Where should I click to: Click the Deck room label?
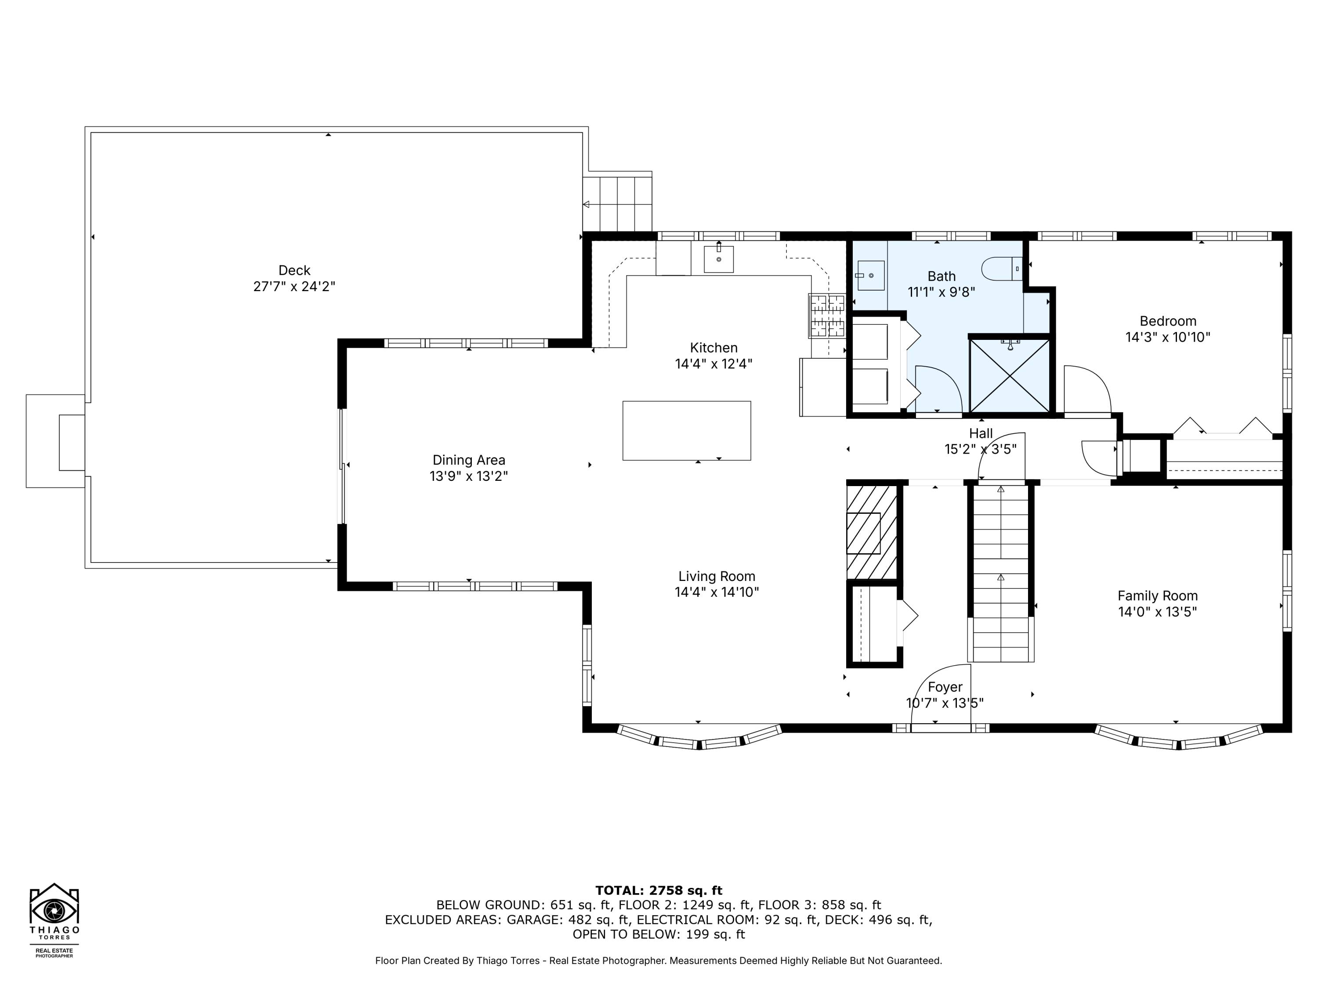pyautogui.click(x=294, y=270)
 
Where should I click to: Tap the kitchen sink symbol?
pyautogui.click(x=719, y=259)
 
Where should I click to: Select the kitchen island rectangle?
pyautogui.click(x=686, y=431)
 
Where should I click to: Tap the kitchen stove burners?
pyautogui.click(x=826, y=316)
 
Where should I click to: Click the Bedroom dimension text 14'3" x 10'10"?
pyautogui.click(x=1167, y=338)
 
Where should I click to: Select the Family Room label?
pyautogui.click(x=1157, y=595)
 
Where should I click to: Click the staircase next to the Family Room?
pyautogui.click(x=1000, y=572)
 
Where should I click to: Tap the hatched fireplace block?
pyautogui.click(x=872, y=532)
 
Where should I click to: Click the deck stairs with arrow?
pyautogui.click(x=617, y=204)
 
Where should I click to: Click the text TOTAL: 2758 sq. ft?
pyautogui.click(x=659, y=891)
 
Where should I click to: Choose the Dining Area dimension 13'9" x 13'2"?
pyautogui.click(x=468, y=476)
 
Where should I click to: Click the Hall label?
pyautogui.click(x=981, y=433)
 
